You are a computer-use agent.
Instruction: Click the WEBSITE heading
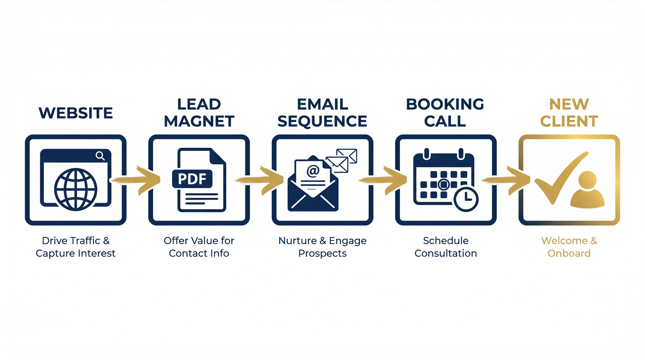[x=76, y=113]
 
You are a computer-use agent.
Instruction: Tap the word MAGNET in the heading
[x=199, y=121]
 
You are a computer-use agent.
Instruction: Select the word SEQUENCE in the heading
[x=322, y=121]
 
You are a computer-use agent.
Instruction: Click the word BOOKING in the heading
[x=445, y=104]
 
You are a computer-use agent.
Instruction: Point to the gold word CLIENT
[x=569, y=121]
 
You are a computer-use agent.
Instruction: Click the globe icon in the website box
[x=76, y=189]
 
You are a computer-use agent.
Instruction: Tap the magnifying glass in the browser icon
[x=100, y=156]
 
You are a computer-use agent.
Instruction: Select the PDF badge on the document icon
[x=192, y=179]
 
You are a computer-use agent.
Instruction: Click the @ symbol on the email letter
[x=313, y=171]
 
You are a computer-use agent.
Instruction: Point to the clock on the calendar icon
[x=466, y=199]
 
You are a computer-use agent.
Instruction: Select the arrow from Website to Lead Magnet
[x=138, y=180]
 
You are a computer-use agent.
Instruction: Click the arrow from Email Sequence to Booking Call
[x=385, y=180]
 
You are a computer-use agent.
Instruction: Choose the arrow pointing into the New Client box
[x=508, y=180]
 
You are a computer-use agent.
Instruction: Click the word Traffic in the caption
[x=85, y=241]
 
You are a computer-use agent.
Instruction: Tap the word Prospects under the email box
[x=322, y=254]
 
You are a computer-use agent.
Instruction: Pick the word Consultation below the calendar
[x=445, y=254]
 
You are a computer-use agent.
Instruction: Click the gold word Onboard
[x=569, y=254]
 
